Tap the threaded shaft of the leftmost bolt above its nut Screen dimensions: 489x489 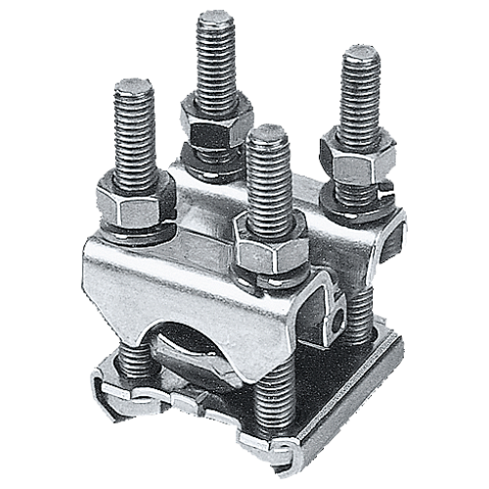[136, 132]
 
